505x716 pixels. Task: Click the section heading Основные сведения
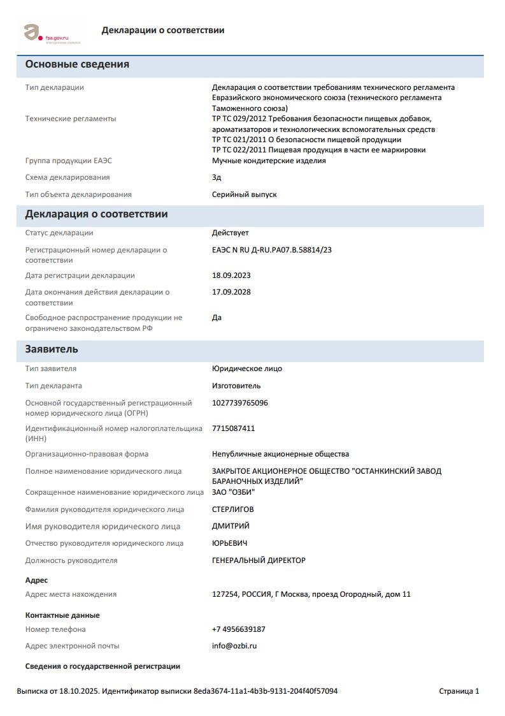[x=77, y=64]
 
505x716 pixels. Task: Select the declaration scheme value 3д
[x=217, y=177]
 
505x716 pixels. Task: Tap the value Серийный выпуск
[x=244, y=194]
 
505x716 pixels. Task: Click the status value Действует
[x=230, y=233]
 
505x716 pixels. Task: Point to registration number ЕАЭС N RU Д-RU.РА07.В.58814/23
[x=271, y=250]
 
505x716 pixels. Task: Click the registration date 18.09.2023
[x=231, y=275]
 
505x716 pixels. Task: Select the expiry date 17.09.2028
[x=231, y=292]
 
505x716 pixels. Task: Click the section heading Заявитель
[x=52, y=349]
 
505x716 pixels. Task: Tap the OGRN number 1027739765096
[x=240, y=403]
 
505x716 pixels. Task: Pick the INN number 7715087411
[x=233, y=428]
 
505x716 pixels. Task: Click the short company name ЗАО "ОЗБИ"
[x=233, y=492]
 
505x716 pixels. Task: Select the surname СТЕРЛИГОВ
[x=232, y=509]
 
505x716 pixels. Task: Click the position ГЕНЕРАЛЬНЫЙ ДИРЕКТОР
[x=259, y=560]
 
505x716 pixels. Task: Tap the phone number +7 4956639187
[x=239, y=629]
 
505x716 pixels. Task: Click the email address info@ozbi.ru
[x=234, y=646]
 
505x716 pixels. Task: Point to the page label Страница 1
[x=459, y=691]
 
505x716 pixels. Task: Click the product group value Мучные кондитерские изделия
[x=269, y=161]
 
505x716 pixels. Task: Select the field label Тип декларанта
[x=53, y=386]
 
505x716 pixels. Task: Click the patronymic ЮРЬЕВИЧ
[x=230, y=543]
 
